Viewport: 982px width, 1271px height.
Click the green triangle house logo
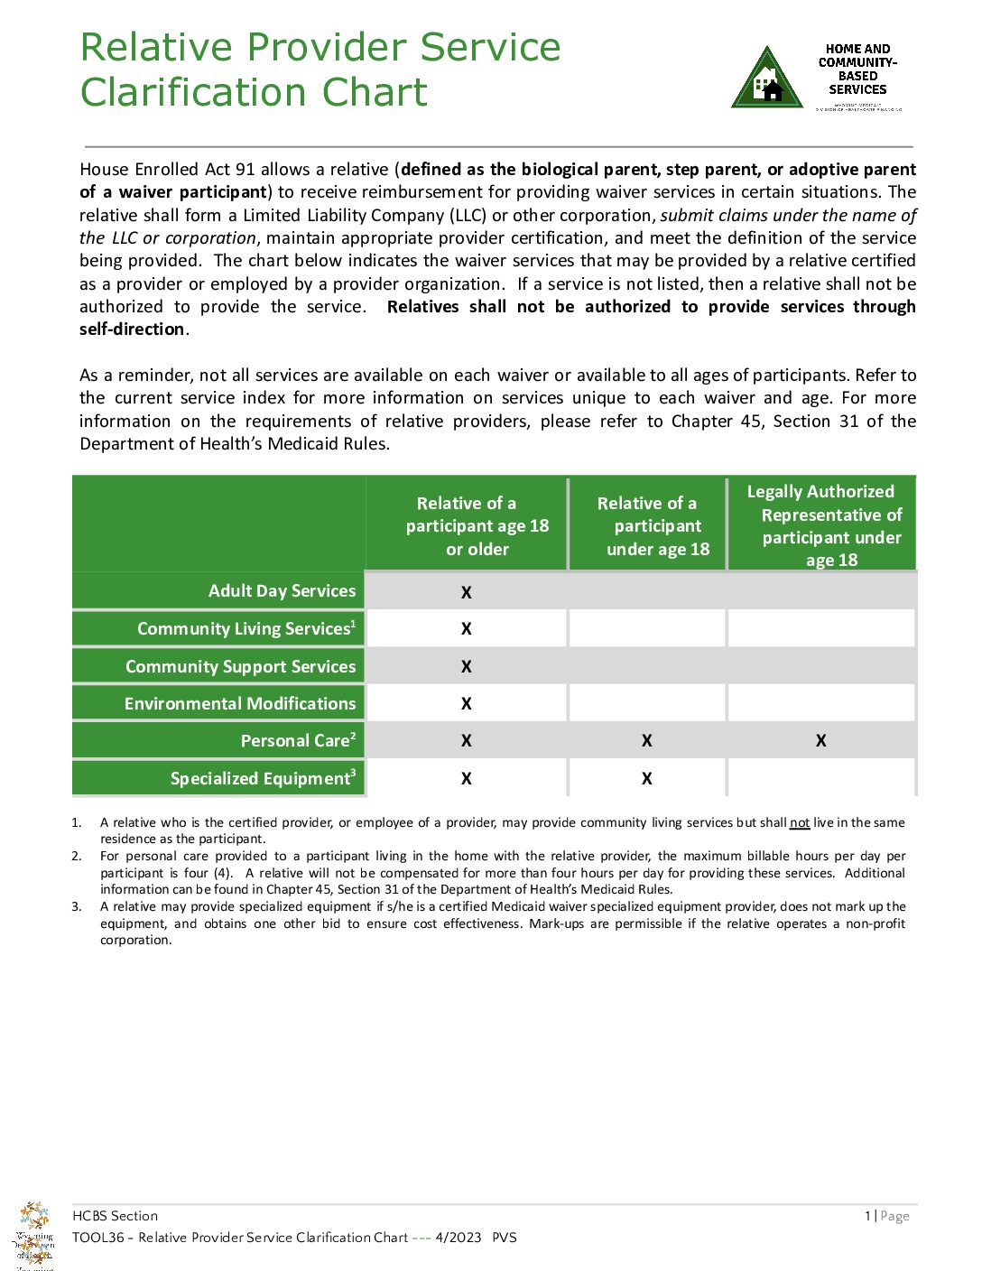tap(766, 79)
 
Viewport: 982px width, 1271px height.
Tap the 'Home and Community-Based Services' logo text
tap(857, 70)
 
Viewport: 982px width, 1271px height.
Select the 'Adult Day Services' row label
tap(282, 590)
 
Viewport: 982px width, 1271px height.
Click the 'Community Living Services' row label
tap(245, 628)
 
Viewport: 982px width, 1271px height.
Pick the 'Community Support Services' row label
tap(240, 666)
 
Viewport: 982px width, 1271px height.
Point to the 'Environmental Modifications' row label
tap(240, 703)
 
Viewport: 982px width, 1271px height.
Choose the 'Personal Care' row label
tap(298, 740)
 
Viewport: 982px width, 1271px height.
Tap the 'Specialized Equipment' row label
tap(263, 778)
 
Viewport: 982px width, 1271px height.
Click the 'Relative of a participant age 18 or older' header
tap(477, 526)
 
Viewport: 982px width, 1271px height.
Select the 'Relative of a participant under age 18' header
tap(657, 526)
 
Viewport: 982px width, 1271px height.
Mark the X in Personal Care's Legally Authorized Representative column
tap(820, 741)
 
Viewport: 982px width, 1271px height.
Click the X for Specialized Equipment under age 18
tap(646, 779)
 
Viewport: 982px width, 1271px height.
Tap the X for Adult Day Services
tap(466, 593)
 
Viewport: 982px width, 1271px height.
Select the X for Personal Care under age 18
tap(646, 741)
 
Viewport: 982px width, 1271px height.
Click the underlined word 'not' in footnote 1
tap(799, 822)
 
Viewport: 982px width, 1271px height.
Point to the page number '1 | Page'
tap(886, 1216)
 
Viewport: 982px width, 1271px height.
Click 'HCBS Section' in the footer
tap(115, 1216)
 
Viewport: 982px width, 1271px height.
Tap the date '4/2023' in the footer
tap(458, 1238)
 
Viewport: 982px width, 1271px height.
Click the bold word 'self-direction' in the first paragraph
tap(132, 329)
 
